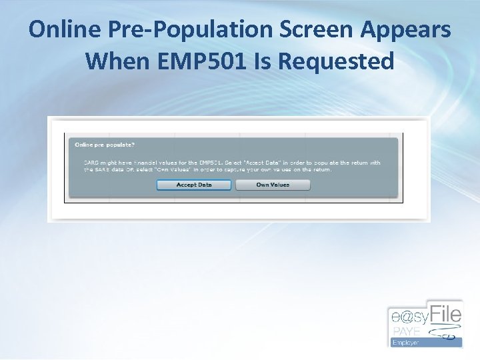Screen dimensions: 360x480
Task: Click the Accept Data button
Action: click(194, 185)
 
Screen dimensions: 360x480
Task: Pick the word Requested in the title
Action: click(336, 61)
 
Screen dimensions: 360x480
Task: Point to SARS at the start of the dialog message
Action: click(91, 163)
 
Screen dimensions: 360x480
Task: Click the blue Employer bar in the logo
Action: click(425, 342)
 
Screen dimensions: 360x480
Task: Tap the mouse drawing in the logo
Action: click(445, 333)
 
